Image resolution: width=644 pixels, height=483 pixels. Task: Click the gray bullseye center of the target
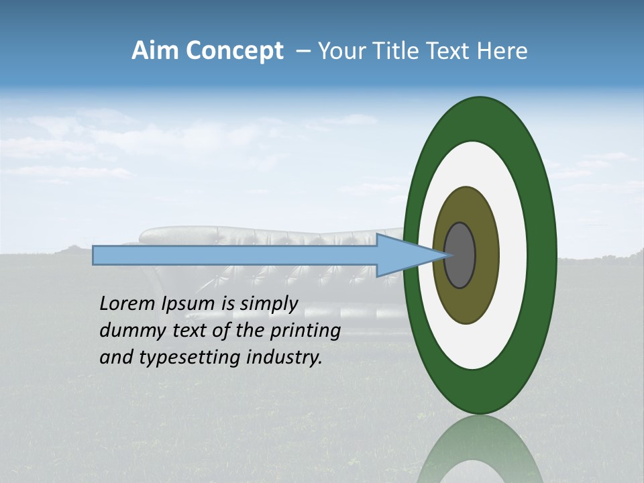(460, 256)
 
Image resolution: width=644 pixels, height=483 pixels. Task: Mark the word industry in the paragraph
(284, 358)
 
